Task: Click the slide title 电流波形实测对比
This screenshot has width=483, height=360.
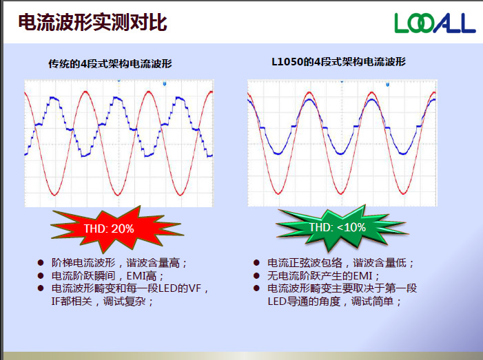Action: point(92,23)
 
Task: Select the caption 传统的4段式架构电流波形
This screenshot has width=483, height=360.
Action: point(110,63)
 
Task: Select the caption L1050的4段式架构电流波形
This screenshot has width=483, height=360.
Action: point(338,62)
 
